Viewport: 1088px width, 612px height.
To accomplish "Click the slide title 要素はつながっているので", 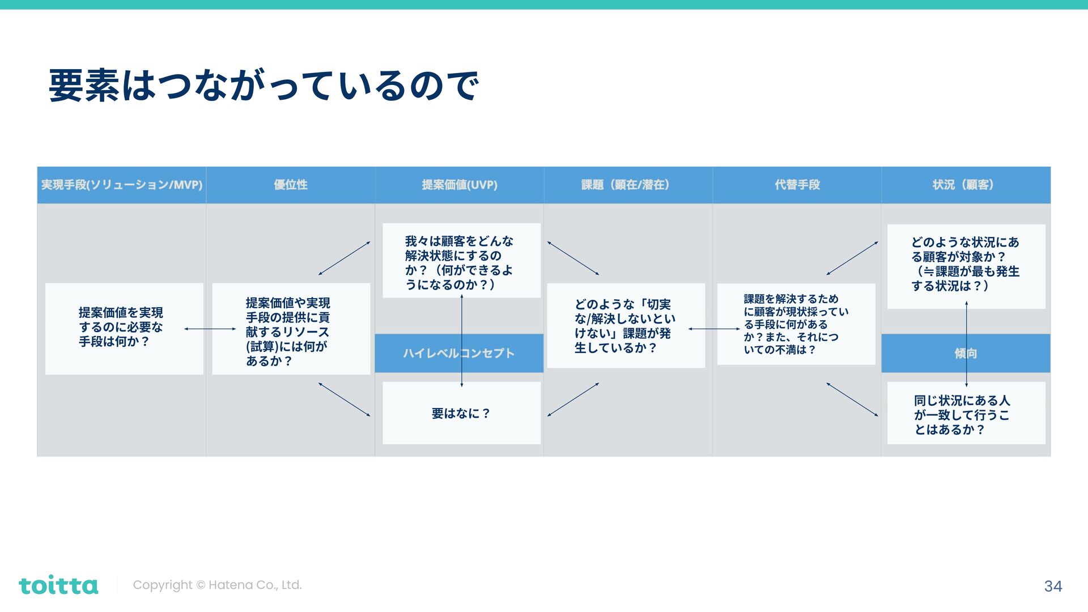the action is tap(263, 86).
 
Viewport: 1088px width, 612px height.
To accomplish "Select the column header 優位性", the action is tap(291, 185).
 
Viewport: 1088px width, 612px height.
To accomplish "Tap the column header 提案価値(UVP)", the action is tap(460, 185).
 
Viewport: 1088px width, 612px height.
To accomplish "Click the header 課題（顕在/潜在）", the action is tap(628, 185).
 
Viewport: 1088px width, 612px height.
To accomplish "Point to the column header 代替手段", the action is tap(797, 185).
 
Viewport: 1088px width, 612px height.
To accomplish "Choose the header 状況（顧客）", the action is tap(966, 185).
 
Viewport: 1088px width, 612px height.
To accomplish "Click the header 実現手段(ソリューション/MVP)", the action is tap(122, 185).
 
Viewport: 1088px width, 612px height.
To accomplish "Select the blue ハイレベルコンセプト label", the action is tap(431, 353).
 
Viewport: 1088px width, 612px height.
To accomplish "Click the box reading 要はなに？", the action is tap(461, 413).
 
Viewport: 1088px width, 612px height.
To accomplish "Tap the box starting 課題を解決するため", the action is tap(795, 324).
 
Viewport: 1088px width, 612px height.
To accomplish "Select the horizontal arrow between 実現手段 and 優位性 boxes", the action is tap(210, 329).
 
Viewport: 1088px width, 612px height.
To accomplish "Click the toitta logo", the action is tap(58, 585).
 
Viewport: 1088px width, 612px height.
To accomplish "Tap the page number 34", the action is tap(1053, 586).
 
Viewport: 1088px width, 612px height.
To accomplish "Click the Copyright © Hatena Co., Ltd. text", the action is tap(217, 585).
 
